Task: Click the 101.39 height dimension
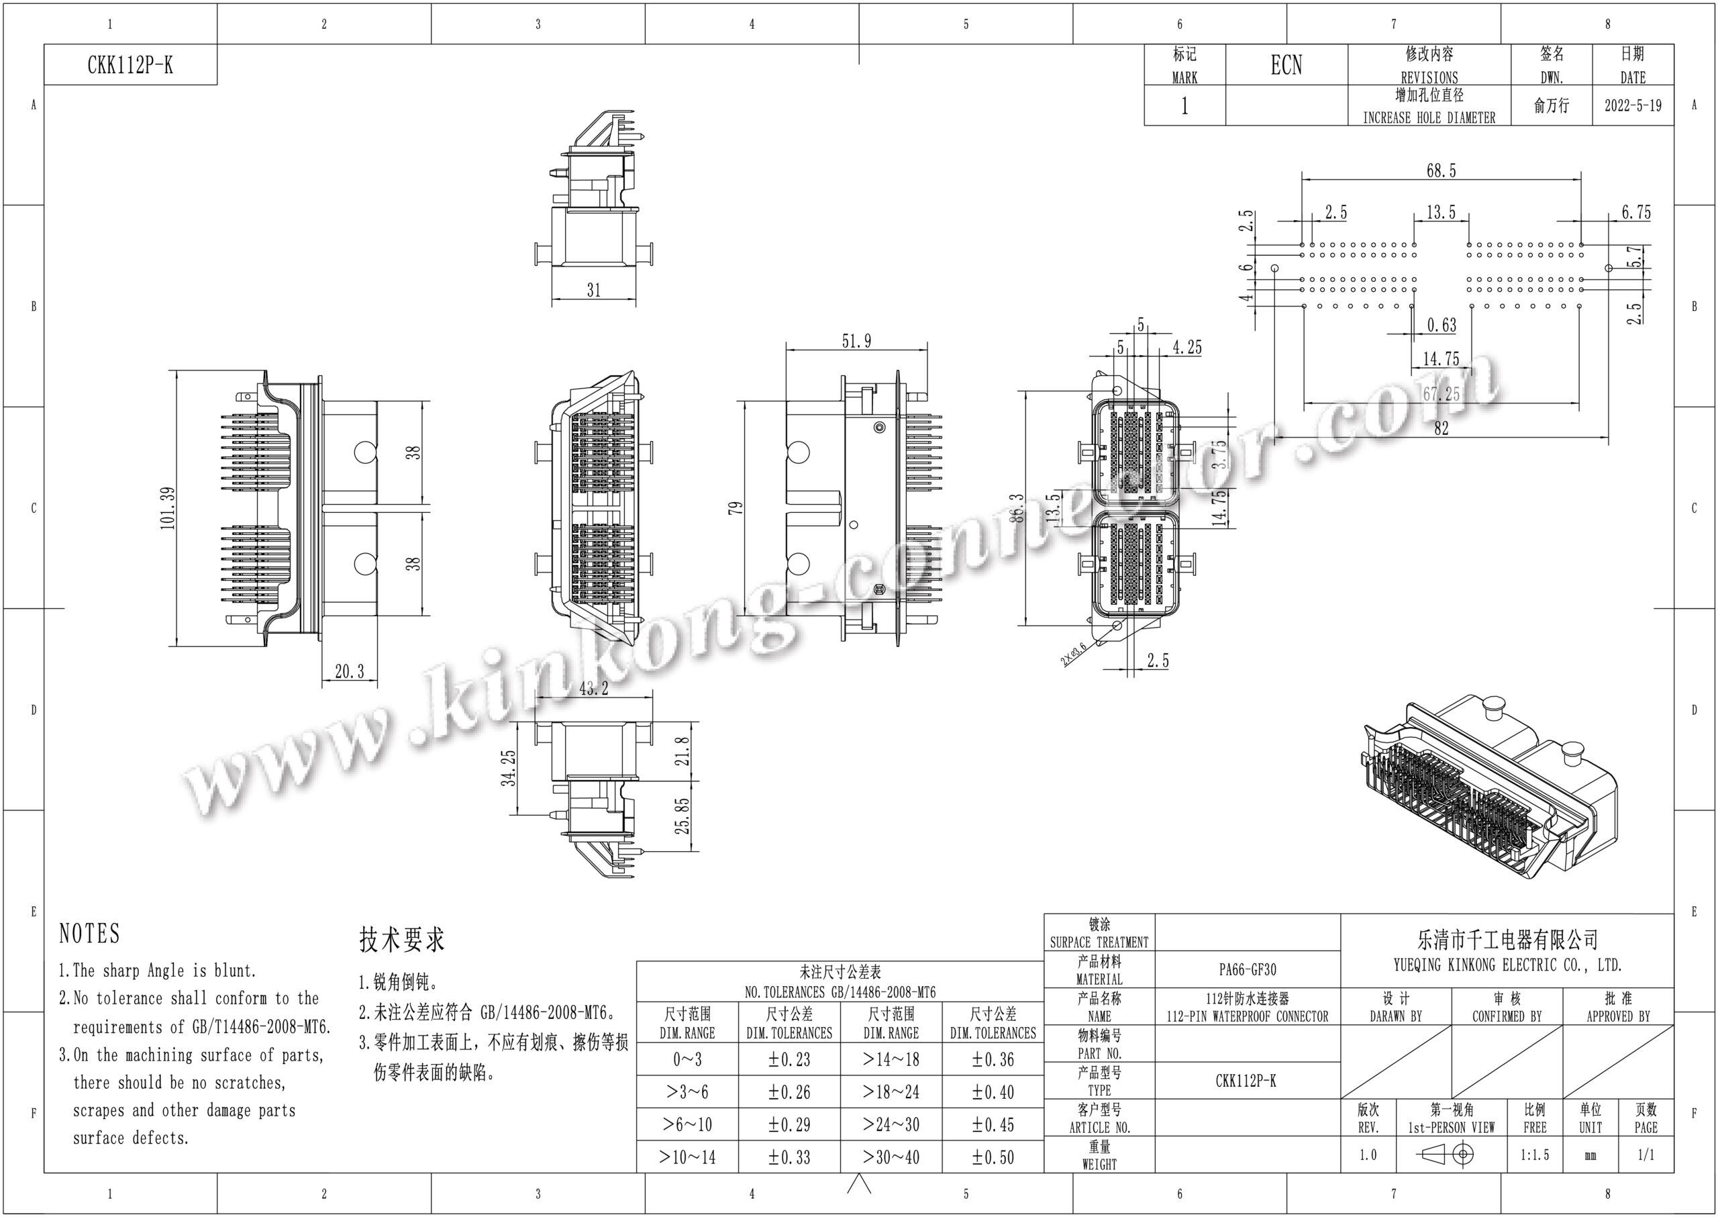click(168, 508)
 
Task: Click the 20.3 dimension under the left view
click(349, 671)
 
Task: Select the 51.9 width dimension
click(856, 341)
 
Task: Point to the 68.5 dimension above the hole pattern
click(1441, 171)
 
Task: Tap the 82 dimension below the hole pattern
click(1441, 428)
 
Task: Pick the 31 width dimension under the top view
click(593, 290)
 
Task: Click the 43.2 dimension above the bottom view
click(593, 688)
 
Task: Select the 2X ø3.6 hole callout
click(1073, 653)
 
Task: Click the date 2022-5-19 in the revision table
click(1633, 105)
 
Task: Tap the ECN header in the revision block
click(1286, 65)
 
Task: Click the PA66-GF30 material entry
click(1247, 970)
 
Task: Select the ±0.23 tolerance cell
click(789, 1060)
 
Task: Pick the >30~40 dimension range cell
click(891, 1157)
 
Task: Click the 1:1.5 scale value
click(1534, 1155)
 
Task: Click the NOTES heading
click(89, 934)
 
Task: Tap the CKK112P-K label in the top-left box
click(130, 65)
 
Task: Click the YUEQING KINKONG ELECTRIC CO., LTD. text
click(1507, 965)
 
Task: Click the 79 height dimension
click(736, 507)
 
